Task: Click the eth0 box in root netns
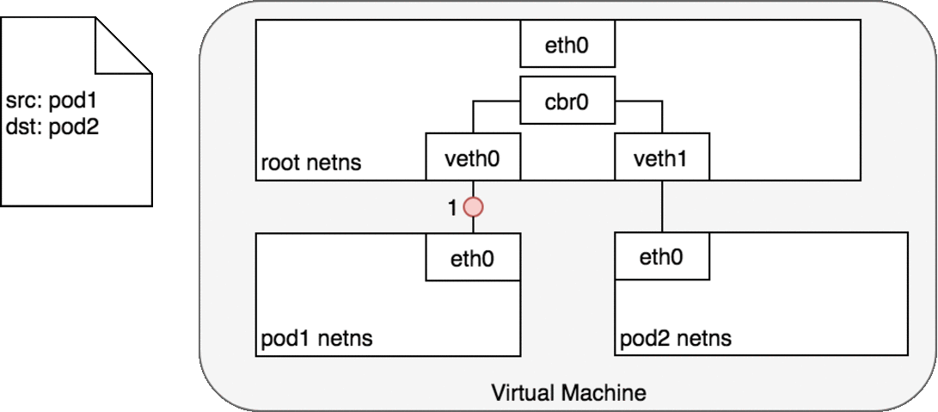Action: point(567,45)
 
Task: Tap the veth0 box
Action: point(474,157)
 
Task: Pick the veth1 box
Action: point(661,157)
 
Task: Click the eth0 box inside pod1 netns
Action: point(474,257)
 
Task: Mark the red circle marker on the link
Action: point(474,207)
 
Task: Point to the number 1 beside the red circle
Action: point(452,207)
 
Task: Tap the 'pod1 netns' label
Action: point(316,338)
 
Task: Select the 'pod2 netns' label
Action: point(675,338)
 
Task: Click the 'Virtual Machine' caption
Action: point(568,393)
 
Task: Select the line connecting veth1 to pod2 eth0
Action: point(661,206)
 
